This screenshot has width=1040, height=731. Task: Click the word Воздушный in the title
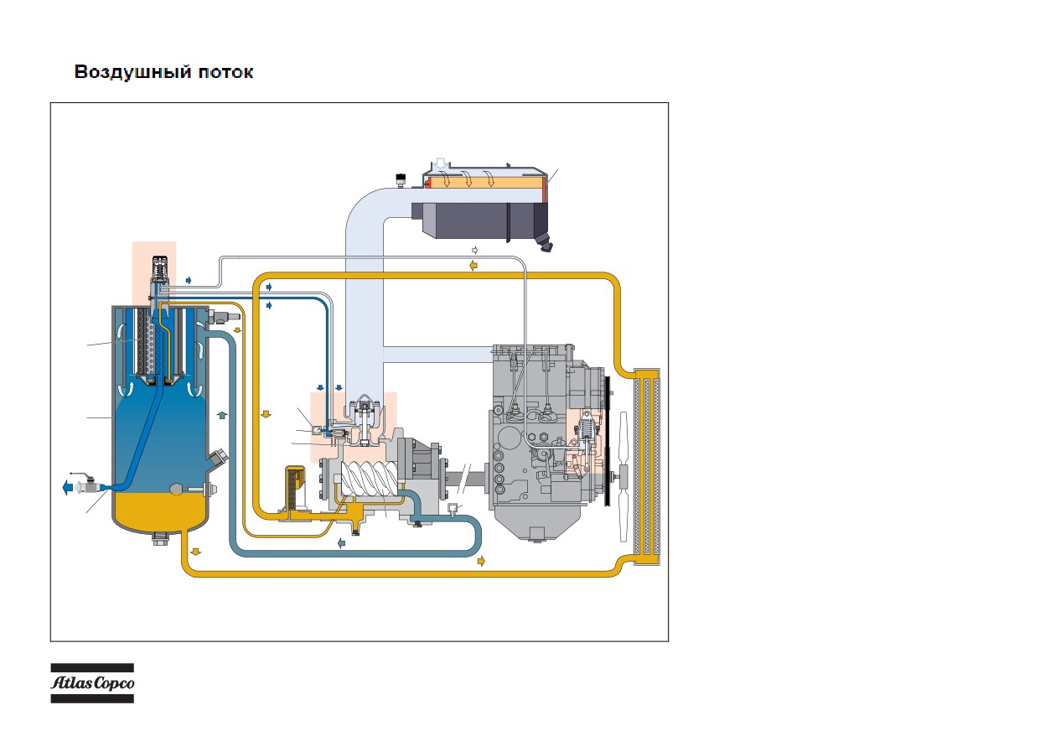pos(132,72)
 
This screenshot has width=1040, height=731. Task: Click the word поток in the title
pos(225,73)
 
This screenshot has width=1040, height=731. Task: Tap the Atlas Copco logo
pos(92,683)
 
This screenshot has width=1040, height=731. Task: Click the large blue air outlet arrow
pos(68,488)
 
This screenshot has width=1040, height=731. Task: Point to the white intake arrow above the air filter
pos(441,164)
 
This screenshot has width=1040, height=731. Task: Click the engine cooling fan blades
pos(623,476)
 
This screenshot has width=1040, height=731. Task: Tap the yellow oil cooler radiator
pos(647,467)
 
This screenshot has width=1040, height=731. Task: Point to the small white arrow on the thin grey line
pos(474,251)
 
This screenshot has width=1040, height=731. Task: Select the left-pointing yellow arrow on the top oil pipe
pos(473,266)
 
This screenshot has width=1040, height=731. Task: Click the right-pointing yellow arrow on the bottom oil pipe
pos(481,561)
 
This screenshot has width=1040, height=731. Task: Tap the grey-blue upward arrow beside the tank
pos(222,415)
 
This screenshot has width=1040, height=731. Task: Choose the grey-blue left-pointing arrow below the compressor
pos(341,543)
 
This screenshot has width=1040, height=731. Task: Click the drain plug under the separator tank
pos(160,539)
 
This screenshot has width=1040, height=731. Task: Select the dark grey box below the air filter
pos(479,221)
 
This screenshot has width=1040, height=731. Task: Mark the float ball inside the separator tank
pos(177,489)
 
